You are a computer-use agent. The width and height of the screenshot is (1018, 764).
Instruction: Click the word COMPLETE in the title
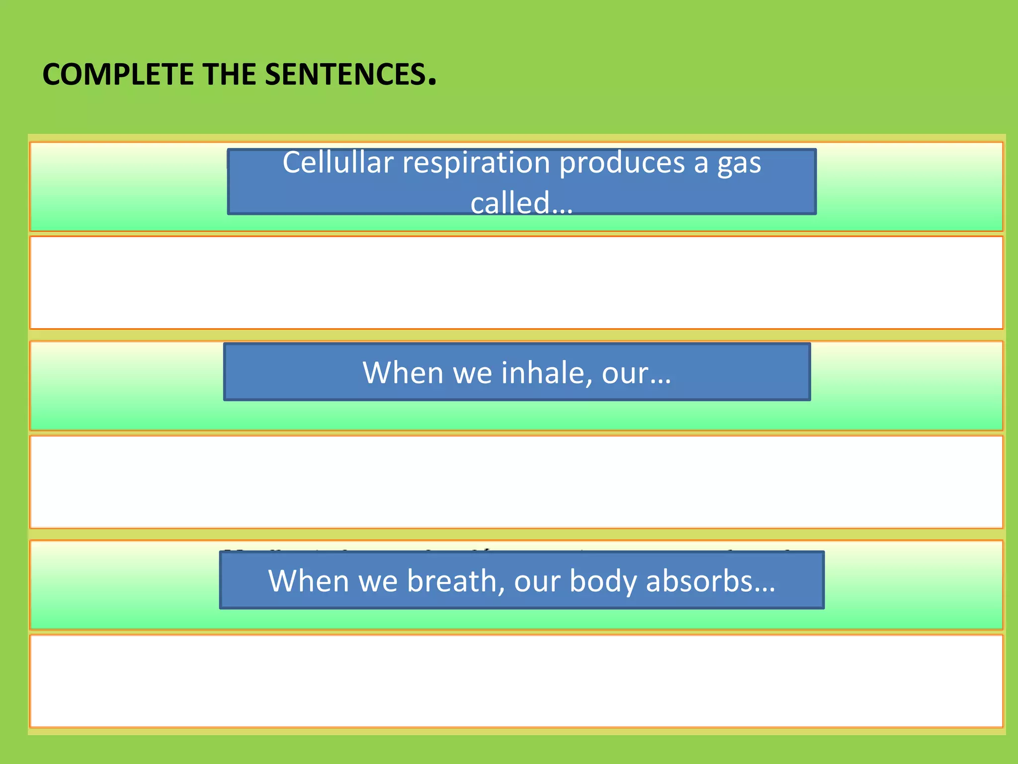pyautogui.click(x=118, y=75)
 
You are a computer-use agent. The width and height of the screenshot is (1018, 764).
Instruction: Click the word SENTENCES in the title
pyautogui.click(x=345, y=75)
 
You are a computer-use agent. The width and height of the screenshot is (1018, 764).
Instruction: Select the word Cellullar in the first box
pyautogui.click(x=338, y=163)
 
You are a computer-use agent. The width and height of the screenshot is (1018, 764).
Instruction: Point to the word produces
pyautogui.click(x=622, y=163)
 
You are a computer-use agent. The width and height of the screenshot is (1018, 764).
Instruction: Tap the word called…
pyautogui.click(x=521, y=203)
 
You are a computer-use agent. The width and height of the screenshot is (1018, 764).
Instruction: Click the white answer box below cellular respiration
pyautogui.click(x=516, y=283)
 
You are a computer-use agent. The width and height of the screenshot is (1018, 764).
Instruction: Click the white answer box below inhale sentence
pyautogui.click(x=516, y=481)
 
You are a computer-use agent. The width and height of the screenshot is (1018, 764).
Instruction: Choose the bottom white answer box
pyautogui.click(x=516, y=680)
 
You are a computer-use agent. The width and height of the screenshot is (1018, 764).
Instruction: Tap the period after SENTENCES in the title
pyautogui.click(x=432, y=83)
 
